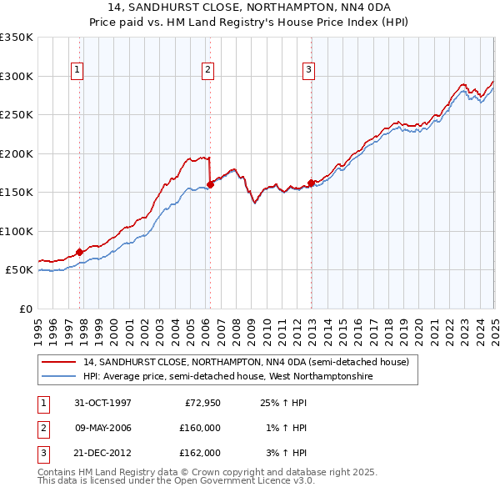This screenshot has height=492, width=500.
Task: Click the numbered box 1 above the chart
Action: tap(77, 71)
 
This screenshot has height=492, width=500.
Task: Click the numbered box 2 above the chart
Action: tap(207, 71)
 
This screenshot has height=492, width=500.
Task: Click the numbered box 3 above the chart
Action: tap(308, 71)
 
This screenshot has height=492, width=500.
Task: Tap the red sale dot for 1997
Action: tap(80, 252)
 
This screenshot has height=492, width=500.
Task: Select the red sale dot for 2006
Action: tap(210, 184)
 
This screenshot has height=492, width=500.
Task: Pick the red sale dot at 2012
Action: tap(311, 183)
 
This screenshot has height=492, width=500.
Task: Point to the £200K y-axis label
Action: tap(17, 153)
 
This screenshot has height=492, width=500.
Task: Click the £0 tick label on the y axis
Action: tap(24, 309)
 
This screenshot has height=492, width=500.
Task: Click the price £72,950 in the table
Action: tap(197, 404)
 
